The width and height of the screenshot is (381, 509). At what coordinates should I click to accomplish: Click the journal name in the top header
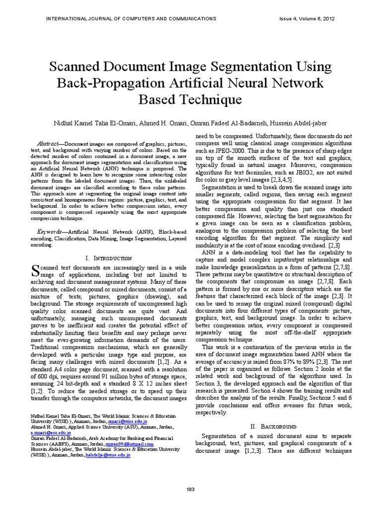(x=131, y=18)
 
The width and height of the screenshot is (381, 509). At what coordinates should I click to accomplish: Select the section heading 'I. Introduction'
(x=109, y=258)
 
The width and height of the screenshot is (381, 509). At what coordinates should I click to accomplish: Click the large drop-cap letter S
(x=35, y=271)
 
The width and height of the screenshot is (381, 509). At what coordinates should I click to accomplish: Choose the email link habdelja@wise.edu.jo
(x=108, y=454)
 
